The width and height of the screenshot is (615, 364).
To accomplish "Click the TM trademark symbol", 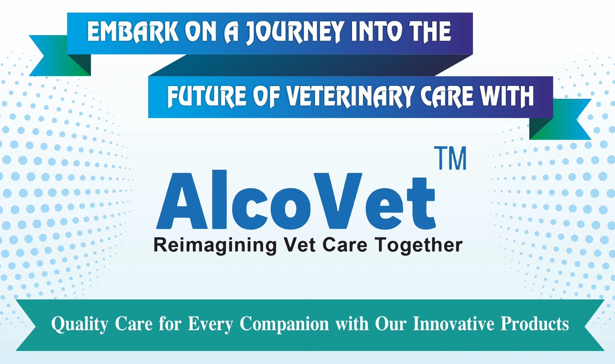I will [450, 158].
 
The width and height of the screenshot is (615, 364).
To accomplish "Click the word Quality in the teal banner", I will [80, 324].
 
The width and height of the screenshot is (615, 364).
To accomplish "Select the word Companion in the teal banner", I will [284, 324].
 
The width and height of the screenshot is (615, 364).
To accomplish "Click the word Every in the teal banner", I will [210, 324].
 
